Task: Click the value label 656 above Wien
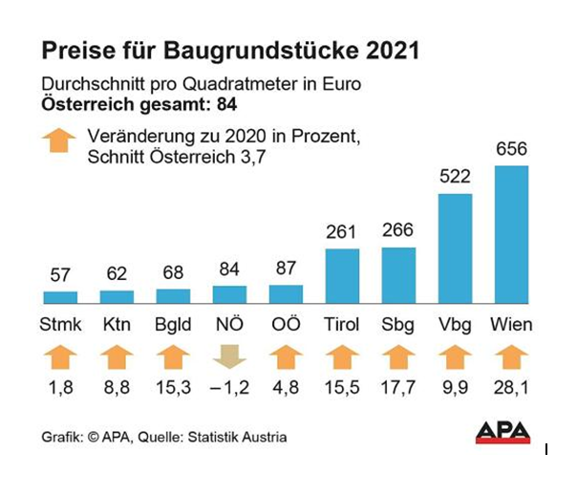click(x=511, y=150)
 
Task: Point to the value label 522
click(x=455, y=178)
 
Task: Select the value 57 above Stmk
click(x=59, y=276)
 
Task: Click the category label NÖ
click(x=229, y=325)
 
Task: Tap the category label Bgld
click(x=173, y=325)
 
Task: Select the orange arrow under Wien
click(x=511, y=359)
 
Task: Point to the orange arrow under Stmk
click(x=59, y=359)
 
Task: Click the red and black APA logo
click(x=502, y=432)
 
